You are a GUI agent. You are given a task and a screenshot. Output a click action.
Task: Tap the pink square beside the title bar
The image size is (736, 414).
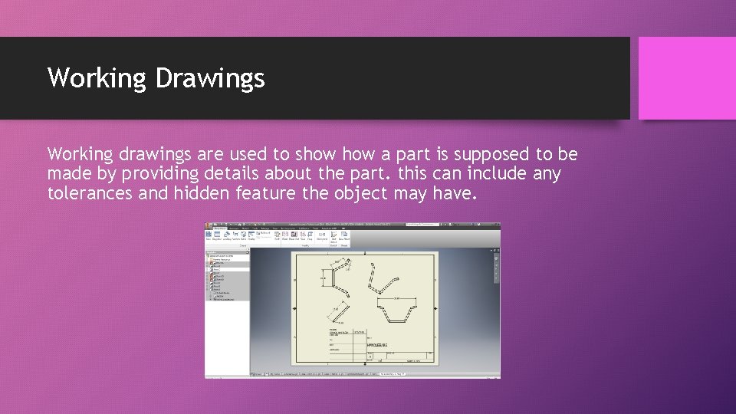pos(687,78)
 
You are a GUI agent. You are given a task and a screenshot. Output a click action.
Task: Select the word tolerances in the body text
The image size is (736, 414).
pos(90,193)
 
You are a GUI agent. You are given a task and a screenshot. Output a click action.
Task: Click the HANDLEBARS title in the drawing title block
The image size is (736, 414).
pos(379,345)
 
